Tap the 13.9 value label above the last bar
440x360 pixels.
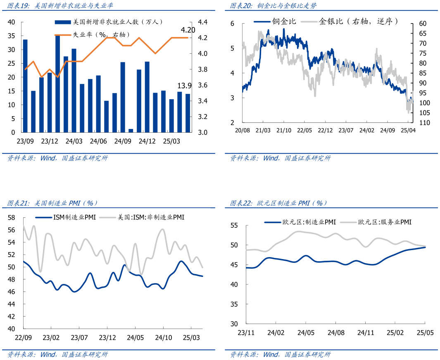[185, 86]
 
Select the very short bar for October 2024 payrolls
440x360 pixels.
[131, 130]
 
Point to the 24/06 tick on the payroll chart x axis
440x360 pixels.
[98, 141]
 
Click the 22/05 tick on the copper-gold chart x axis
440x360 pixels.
[304, 131]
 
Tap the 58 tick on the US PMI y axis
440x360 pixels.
[11, 218]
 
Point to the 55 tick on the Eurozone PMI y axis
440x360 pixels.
[234, 226]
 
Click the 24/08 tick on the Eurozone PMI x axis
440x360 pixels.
[336, 333]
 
